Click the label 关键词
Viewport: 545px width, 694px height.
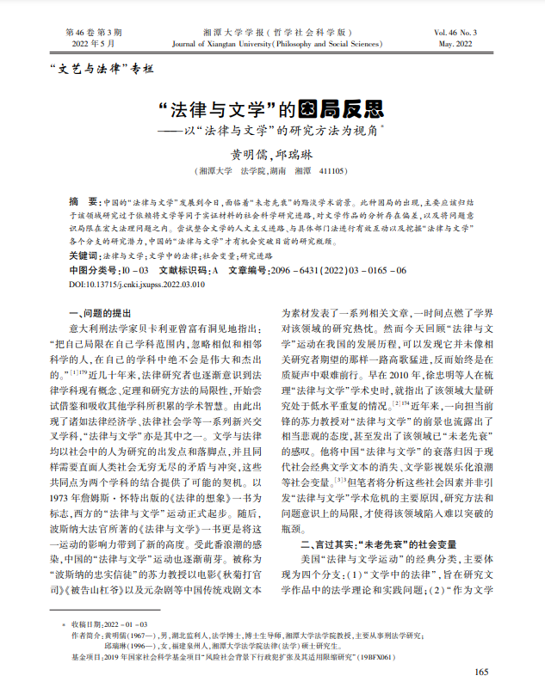(82, 256)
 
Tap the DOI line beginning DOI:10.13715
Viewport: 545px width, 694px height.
(137, 284)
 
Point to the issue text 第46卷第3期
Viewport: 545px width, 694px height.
(90, 30)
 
